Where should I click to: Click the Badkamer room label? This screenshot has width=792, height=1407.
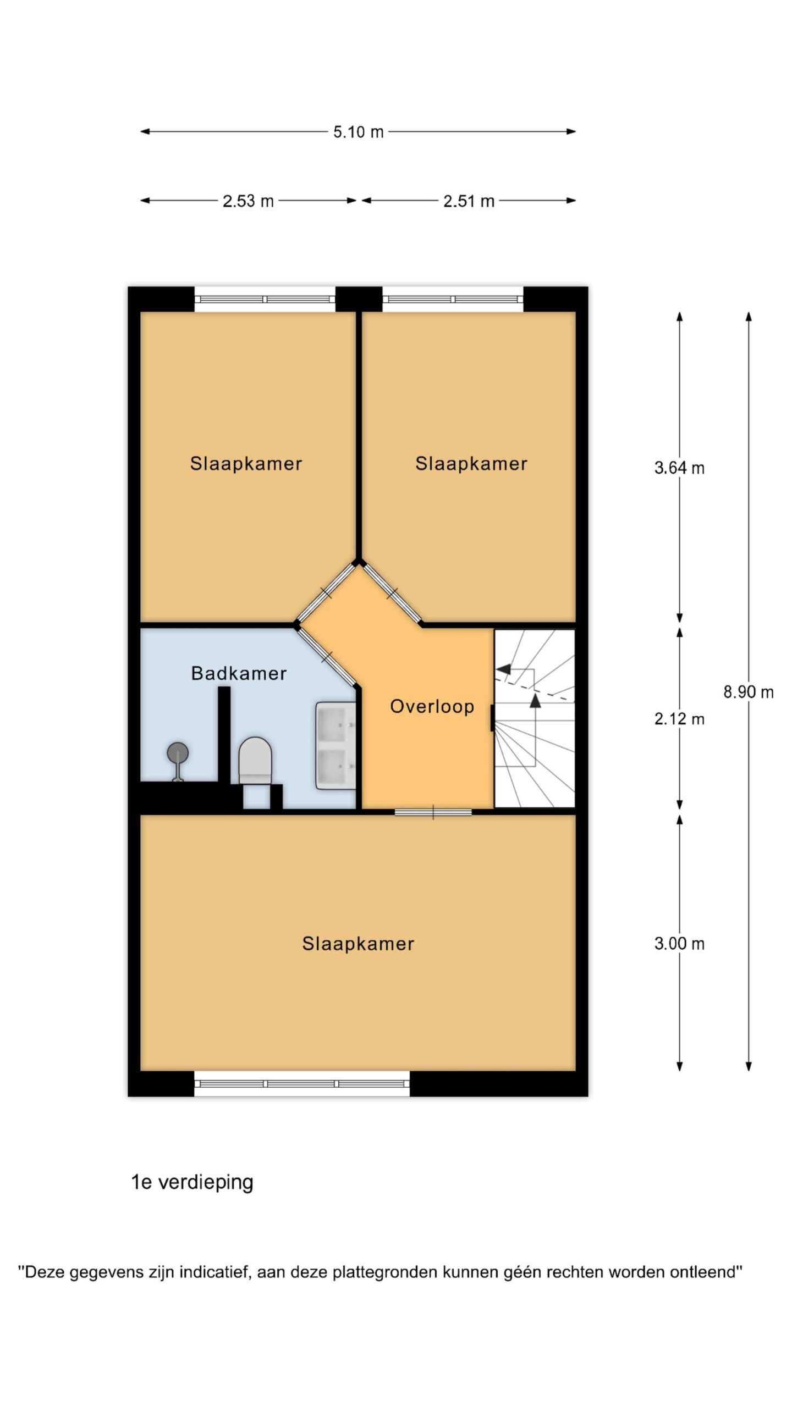(x=239, y=673)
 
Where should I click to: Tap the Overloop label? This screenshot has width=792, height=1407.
(x=432, y=707)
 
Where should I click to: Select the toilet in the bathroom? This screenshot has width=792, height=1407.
(x=255, y=761)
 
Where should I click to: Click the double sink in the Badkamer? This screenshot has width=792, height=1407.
(x=335, y=745)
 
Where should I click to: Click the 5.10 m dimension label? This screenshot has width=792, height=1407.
(x=358, y=132)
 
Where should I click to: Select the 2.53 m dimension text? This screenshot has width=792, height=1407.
(x=248, y=201)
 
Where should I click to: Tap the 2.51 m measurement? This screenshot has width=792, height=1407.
(x=469, y=201)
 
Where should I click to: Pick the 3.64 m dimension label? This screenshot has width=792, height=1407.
(x=679, y=468)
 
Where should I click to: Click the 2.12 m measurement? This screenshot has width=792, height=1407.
(x=679, y=719)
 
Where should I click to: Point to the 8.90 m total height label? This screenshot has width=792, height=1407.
(x=749, y=692)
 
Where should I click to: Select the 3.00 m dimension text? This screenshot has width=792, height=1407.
(x=679, y=944)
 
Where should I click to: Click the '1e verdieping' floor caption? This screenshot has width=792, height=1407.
(x=192, y=1183)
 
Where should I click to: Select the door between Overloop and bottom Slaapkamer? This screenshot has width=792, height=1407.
(x=433, y=812)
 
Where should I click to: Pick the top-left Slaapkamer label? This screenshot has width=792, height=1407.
(x=246, y=464)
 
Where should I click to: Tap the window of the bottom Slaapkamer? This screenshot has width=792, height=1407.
(x=302, y=1084)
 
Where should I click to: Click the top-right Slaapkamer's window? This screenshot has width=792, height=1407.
(x=453, y=300)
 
